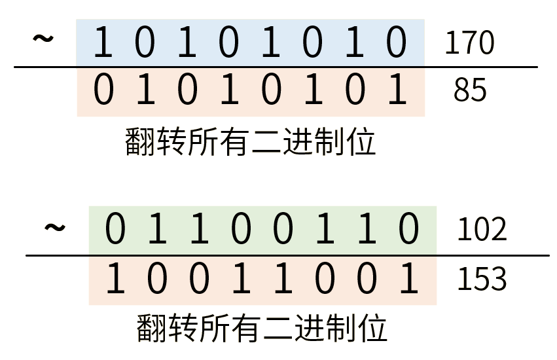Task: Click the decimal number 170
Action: pyautogui.click(x=469, y=44)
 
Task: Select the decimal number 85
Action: pyautogui.click(x=470, y=91)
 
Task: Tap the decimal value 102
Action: pyautogui.click(x=482, y=230)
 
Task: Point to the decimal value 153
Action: pyautogui.click(x=482, y=279)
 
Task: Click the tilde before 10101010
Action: pyautogui.click(x=43, y=39)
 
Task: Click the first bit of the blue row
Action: pyautogui.click(x=102, y=43)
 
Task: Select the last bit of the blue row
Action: pyautogui.click(x=397, y=43)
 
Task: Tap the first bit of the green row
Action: pyautogui.click(x=115, y=230)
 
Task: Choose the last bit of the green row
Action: pyautogui.click(x=408, y=230)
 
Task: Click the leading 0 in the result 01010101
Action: pyautogui.click(x=103, y=92)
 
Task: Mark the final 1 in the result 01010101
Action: pyautogui.click(x=397, y=92)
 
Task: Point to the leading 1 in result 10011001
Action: pyautogui.click(x=115, y=279)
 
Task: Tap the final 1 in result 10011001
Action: pyautogui.click(x=408, y=279)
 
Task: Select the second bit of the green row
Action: pyautogui.click(x=156, y=230)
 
